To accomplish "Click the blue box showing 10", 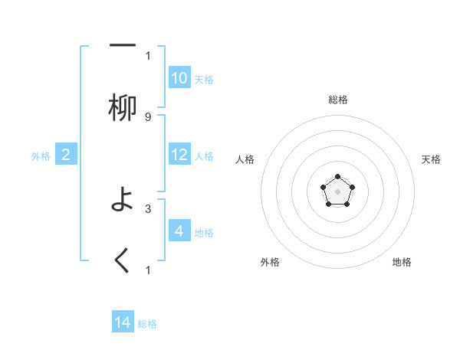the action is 179,78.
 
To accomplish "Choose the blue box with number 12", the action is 179,155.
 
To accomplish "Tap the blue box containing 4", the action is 179,231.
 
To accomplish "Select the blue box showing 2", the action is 66,155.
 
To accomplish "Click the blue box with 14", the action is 123,322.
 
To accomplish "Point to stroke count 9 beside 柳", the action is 148,117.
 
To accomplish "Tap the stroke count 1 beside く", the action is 148,270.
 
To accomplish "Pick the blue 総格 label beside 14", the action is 147,324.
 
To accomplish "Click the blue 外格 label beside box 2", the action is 41,156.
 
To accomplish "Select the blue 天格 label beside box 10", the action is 204,80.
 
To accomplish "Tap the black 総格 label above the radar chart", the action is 337,100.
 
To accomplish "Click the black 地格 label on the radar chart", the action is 402,262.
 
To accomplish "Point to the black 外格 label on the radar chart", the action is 270,262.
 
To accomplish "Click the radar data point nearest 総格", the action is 337,177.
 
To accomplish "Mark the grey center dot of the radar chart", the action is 337,191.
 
